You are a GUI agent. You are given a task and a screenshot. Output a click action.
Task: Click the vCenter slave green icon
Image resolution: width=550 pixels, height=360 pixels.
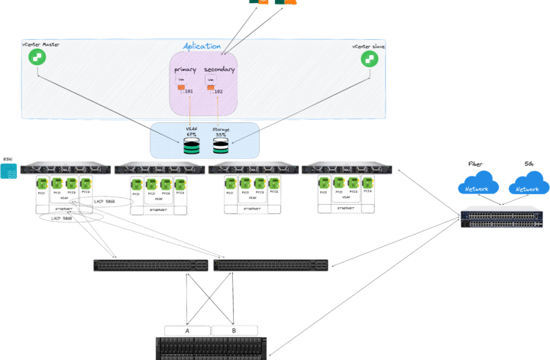click(x=369, y=58)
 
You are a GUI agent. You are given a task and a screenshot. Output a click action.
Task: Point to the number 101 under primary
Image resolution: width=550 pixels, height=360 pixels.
click(x=188, y=92)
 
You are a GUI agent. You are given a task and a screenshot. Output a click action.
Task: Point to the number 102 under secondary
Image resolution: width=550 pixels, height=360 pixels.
click(x=218, y=92)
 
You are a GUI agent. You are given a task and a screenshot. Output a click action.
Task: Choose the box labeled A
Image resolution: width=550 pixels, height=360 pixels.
click(x=187, y=330)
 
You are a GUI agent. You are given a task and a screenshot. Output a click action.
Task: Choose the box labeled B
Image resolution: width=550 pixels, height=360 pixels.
click(x=235, y=330)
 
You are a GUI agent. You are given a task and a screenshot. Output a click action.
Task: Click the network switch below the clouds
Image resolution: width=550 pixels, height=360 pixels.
click(x=503, y=219)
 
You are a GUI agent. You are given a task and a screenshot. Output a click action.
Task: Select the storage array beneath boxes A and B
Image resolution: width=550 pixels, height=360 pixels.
click(x=212, y=348)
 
